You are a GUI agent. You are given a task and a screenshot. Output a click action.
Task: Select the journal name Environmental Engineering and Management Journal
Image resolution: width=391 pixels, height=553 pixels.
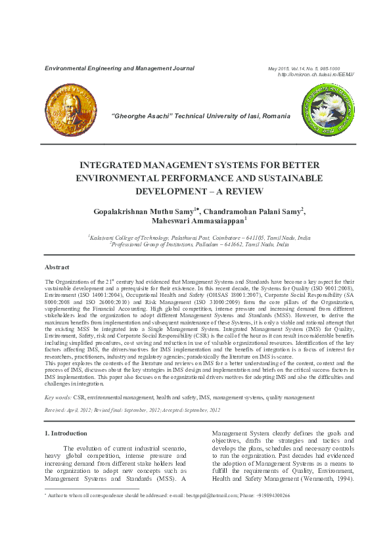point(119,68)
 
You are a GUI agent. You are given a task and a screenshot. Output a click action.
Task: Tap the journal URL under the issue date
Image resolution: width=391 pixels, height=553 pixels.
point(316,74)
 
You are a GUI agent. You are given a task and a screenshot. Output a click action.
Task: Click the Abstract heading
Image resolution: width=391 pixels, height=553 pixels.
point(57,267)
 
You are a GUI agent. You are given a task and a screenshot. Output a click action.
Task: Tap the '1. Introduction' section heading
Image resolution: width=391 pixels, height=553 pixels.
point(65,433)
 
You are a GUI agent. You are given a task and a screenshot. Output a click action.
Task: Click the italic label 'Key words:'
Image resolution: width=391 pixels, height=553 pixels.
point(58,397)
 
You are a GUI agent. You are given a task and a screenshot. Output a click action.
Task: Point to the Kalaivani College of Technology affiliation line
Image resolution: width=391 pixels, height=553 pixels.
point(200,237)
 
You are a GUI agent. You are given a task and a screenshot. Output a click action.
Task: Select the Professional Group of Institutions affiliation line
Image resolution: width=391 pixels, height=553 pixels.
point(200,244)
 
